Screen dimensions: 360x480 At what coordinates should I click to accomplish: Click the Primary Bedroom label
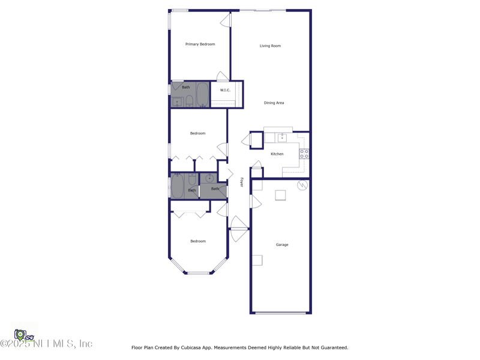click(x=200, y=44)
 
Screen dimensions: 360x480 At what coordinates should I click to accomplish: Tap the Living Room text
click(x=270, y=46)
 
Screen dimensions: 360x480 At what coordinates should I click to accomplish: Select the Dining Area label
click(x=274, y=103)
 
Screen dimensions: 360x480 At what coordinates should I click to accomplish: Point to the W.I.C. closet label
click(x=225, y=91)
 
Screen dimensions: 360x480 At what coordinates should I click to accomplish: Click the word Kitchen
click(x=277, y=154)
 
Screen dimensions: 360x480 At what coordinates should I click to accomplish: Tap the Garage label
click(x=282, y=245)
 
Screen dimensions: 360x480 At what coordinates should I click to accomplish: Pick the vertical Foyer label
click(x=242, y=182)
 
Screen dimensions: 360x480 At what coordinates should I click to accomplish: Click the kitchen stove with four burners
click(x=304, y=154)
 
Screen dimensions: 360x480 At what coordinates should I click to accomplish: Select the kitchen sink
click(x=282, y=137)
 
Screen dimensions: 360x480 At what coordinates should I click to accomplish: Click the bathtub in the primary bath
click(x=202, y=95)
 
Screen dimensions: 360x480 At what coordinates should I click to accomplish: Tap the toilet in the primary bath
click(x=189, y=100)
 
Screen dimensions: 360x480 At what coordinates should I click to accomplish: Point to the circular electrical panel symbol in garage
click(x=302, y=185)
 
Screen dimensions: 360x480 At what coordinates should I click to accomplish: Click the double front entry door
click(x=239, y=229)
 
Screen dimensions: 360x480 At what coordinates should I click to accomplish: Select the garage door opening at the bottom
click(x=280, y=313)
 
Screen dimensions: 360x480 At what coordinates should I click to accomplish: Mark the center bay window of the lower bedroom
click(x=199, y=274)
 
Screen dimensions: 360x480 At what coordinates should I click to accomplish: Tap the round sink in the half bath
click(x=209, y=178)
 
